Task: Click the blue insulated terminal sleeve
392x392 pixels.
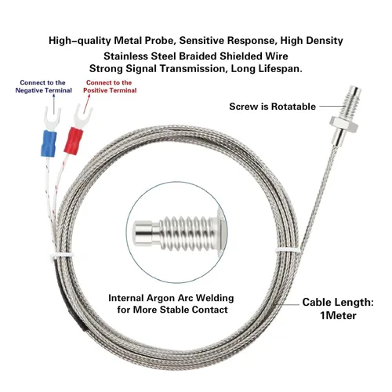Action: point(49,143)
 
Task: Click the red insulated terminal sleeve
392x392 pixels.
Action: point(74,141)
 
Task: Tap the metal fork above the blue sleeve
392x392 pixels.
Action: point(52,118)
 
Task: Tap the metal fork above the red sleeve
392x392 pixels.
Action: point(82,116)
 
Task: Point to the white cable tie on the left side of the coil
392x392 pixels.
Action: point(62,256)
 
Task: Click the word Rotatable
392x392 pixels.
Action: point(293,107)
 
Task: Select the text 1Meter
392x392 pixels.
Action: point(338,315)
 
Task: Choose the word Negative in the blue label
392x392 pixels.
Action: point(29,90)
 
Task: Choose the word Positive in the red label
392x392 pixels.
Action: point(95,90)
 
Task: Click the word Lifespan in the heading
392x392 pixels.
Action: point(280,69)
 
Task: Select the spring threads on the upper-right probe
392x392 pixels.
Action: point(350,106)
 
